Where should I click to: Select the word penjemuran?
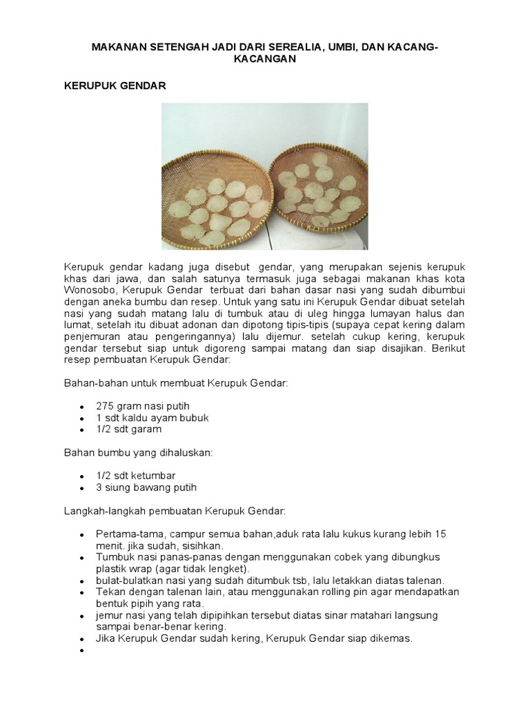click(x=92, y=336)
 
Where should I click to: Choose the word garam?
click(x=147, y=429)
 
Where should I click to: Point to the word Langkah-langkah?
click(x=105, y=511)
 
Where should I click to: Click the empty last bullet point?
click(x=81, y=650)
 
